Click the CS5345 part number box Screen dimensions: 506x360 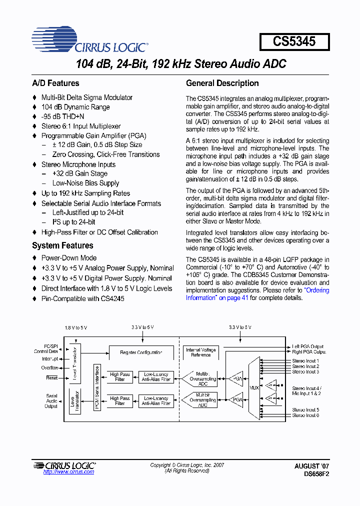pyautogui.click(x=294, y=41)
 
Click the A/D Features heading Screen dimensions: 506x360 pyautogui.click(x=55, y=83)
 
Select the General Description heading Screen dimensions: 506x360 pyautogui.click(x=222, y=83)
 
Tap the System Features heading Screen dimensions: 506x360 pyautogui.click(x=62, y=245)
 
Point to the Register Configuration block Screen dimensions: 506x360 pyautogui.click(x=141, y=352)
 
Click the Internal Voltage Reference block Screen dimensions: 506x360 pyautogui.click(x=200, y=352)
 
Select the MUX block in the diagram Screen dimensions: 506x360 pyautogui.click(x=254, y=387)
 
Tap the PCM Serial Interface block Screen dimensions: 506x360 pyautogui.click(x=97, y=388)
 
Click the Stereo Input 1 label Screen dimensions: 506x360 pyautogui.click(x=305, y=360)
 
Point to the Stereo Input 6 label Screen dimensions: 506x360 pyautogui.click(x=305, y=415)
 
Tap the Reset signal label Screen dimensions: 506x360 pyautogui.click(x=51, y=378)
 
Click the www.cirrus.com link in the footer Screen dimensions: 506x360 pyautogui.click(x=68, y=471)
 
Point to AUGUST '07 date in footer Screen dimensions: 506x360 pyautogui.click(x=311, y=465)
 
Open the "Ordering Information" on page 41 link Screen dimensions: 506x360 pyautogui.click(x=257, y=294)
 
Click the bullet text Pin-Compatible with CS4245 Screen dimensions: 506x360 pyautogui.click(x=82, y=298)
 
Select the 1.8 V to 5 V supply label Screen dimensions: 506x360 pyautogui.click(x=75, y=327)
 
